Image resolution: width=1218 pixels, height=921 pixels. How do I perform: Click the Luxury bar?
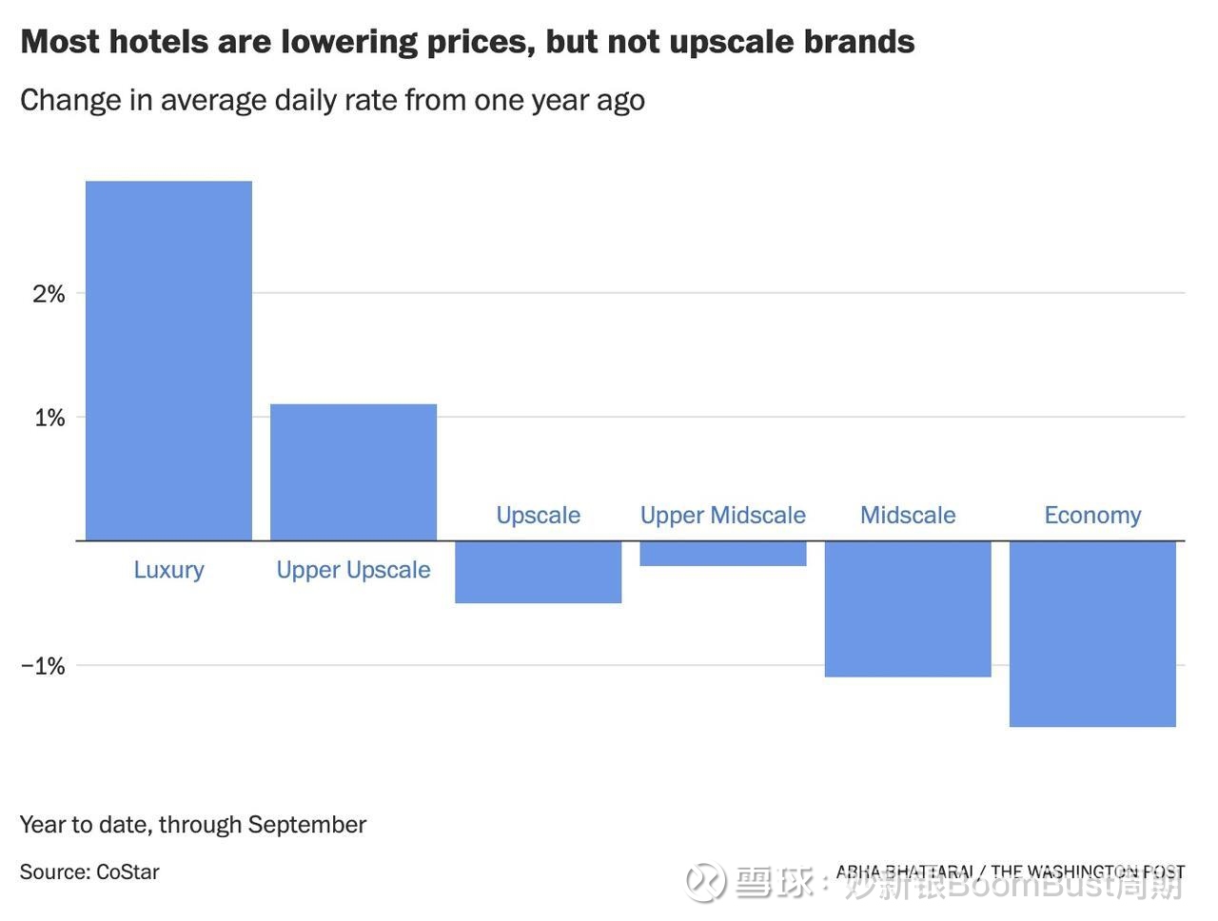168,361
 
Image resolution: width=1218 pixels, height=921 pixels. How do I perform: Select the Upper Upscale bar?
353,472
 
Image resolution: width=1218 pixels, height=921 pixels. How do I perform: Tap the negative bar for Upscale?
538,572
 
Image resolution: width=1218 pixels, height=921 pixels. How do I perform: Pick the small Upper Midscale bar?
722,554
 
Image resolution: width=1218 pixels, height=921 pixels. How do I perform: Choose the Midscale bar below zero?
907,609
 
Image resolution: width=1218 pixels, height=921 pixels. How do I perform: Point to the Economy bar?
1091,634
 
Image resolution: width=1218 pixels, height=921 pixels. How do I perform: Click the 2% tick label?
49,293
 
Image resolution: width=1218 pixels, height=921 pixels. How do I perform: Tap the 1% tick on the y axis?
49,417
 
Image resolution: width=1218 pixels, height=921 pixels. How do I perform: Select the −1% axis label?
43,665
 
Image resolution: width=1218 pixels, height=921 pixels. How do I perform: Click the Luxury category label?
168,569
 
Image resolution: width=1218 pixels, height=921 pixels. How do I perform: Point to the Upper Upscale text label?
353,569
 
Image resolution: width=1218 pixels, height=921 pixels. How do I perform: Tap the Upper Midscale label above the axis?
722,515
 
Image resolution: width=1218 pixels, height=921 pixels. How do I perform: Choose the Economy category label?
1092,515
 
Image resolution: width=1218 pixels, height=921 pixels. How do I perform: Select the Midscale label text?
908,515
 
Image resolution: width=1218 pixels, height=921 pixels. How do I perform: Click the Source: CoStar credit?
89,872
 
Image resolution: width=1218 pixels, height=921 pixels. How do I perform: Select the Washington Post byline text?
1010,872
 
